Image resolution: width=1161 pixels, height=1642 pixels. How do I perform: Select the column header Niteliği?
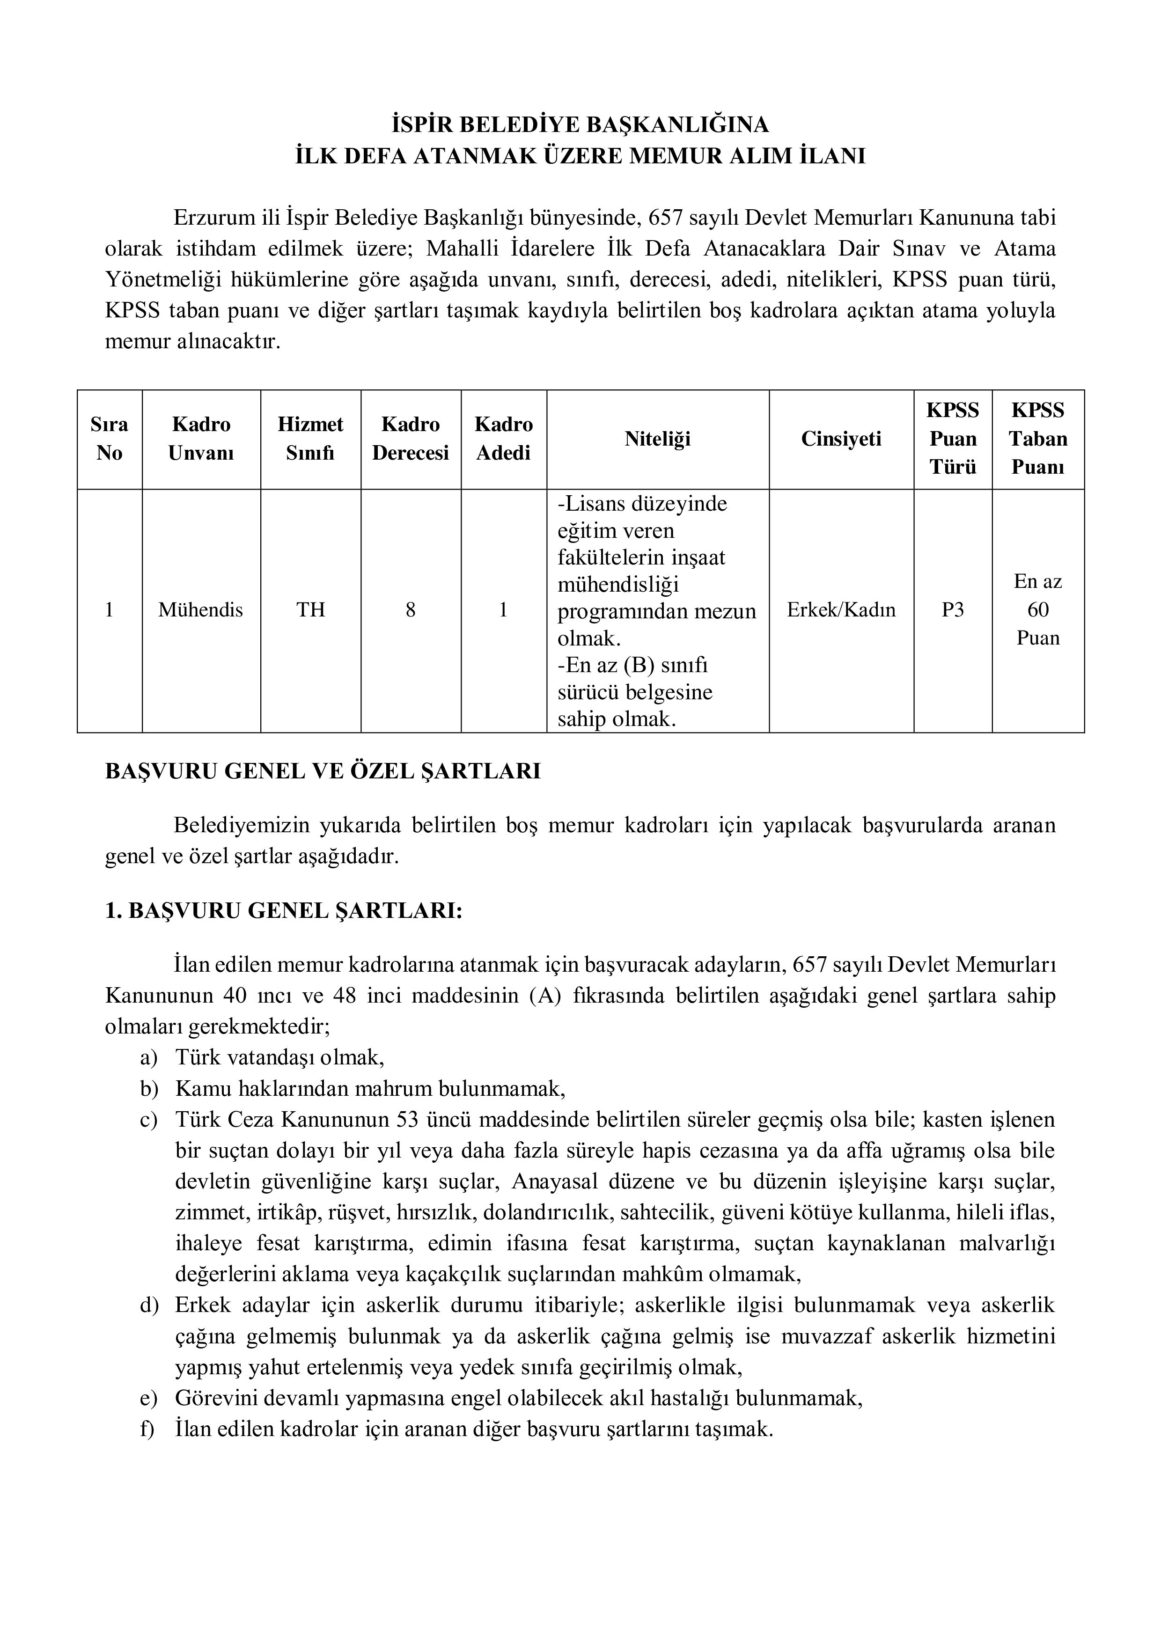pyautogui.click(x=657, y=439)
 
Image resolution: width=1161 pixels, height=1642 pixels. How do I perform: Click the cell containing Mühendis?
pyautogui.click(x=200, y=610)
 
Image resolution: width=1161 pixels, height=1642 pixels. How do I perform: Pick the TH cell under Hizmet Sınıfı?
pyautogui.click(x=310, y=610)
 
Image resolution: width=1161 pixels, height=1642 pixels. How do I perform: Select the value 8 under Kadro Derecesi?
pyautogui.click(x=411, y=610)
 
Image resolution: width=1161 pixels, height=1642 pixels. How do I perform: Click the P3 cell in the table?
pyautogui.click(x=952, y=610)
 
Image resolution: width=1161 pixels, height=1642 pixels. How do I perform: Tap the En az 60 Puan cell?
pyautogui.click(x=1037, y=610)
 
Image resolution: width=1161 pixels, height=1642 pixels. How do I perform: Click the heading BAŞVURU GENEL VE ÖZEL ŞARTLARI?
pyautogui.click(x=323, y=772)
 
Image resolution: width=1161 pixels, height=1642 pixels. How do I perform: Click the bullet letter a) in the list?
pyautogui.click(x=149, y=1057)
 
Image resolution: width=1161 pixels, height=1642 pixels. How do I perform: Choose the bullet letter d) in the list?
pyautogui.click(x=149, y=1305)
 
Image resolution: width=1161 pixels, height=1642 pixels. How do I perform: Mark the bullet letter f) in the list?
pyautogui.click(x=147, y=1429)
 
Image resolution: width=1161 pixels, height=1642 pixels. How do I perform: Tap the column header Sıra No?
pyautogui.click(x=110, y=439)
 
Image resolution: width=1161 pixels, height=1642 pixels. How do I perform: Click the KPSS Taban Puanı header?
pyautogui.click(x=1037, y=439)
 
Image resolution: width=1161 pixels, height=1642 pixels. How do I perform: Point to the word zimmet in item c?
pyautogui.click(x=206, y=1212)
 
